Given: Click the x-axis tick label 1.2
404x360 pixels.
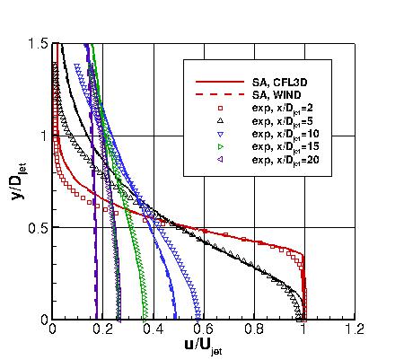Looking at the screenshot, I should (358, 329).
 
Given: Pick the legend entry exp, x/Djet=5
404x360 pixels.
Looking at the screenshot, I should (285, 120).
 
